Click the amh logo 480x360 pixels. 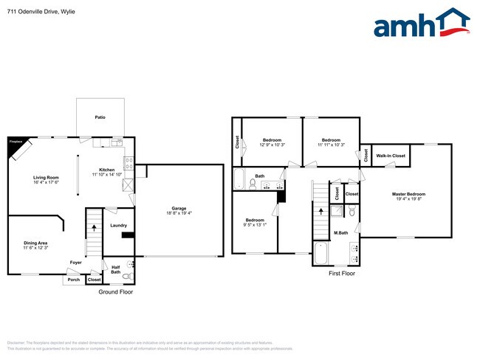pyautogui.click(x=422, y=24)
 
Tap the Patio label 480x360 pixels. pyautogui.click(x=99, y=117)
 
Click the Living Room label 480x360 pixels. pyautogui.click(x=46, y=178)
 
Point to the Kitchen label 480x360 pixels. pyautogui.click(x=106, y=169)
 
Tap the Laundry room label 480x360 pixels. pyautogui.click(x=118, y=225)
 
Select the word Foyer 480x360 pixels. pyautogui.click(x=75, y=262)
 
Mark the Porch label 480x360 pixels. pyautogui.click(x=74, y=280)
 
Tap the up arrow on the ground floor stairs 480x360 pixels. pyautogui.click(x=94, y=228)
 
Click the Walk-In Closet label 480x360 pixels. pyautogui.click(x=391, y=156)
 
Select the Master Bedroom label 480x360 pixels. pyautogui.click(x=408, y=194)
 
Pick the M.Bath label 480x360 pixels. pyautogui.click(x=340, y=233)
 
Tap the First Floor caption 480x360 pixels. pyautogui.click(x=342, y=273)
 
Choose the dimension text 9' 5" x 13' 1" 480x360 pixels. pyautogui.click(x=256, y=225)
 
